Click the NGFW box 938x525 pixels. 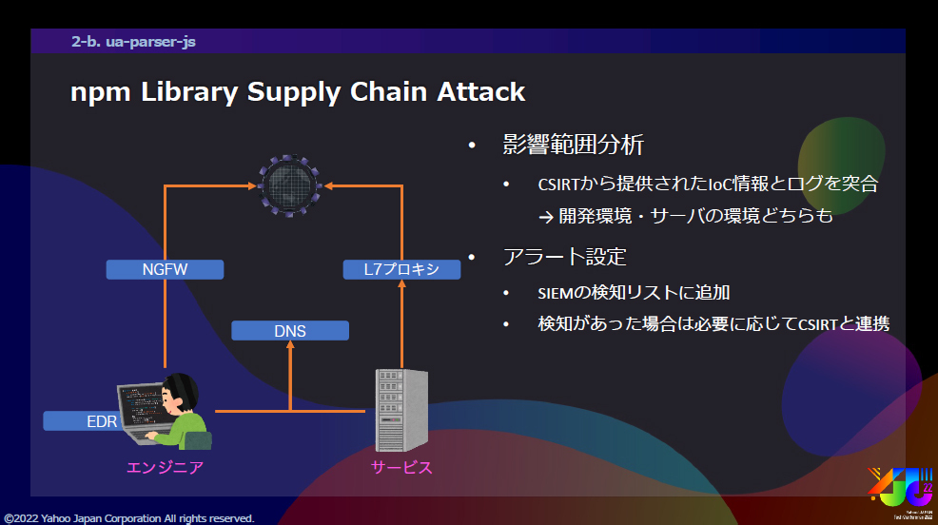pyautogui.click(x=165, y=269)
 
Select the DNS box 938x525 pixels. pyautogui.click(x=290, y=331)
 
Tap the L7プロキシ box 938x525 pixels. pyautogui.click(x=401, y=269)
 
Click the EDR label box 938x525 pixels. pyautogui.click(x=80, y=420)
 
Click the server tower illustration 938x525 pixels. pyautogui.click(x=401, y=409)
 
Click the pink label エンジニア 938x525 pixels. pyautogui.click(x=165, y=467)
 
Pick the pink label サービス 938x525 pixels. pyautogui.click(x=401, y=467)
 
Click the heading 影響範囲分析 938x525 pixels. pyautogui.click(x=574, y=146)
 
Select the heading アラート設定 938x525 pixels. pyautogui.click(x=564, y=257)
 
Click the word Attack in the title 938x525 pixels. pyautogui.click(x=480, y=91)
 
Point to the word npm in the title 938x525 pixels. pyautogui.click(x=101, y=91)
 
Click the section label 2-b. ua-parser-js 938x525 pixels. pyautogui.click(x=133, y=42)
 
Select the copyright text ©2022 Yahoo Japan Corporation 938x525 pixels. pyautogui.click(x=129, y=518)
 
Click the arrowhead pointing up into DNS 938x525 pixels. pyautogui.click(x=290, y=346)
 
